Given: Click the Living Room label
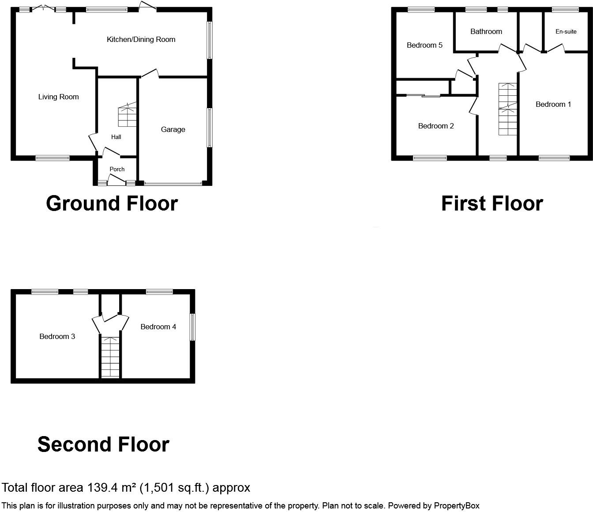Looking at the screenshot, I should (x=58, y=97).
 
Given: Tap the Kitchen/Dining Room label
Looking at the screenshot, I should (x=141, y=40).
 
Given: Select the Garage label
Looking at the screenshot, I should (x=173, y=129).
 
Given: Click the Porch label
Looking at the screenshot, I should (x=117, y=169).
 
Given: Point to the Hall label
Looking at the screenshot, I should (x=116, y=137).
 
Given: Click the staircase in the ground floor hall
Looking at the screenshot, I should (x=127, y=115).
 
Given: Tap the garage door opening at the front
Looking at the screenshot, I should (x=173, y=183).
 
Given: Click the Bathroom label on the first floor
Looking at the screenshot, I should (x=486, y=32).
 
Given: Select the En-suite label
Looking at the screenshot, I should (x=566, y=32).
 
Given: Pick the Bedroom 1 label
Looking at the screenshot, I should (x=553, y=105).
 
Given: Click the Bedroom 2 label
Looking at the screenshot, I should (x=435, y=126).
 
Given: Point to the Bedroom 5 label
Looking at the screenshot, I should (x=424, y=45).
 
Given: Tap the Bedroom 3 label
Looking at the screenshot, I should (x=57, y=337).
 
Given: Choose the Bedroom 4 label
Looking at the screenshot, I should (x=158, y=327).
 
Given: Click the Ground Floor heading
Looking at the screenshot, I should (x=112, y=203).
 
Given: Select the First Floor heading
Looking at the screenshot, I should (x=492, y=203).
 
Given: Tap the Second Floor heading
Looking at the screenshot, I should (x=103, y=444).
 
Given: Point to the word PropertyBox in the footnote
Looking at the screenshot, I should (x=457, y=506).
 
